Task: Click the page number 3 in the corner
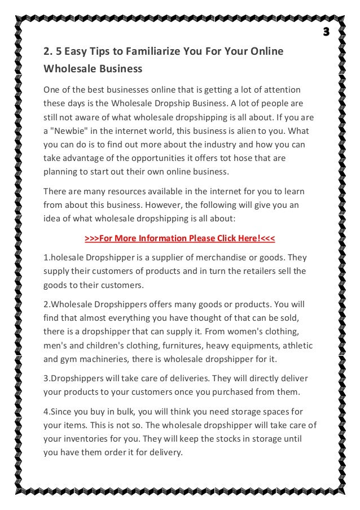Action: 326,30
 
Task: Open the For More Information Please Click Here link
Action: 179,238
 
